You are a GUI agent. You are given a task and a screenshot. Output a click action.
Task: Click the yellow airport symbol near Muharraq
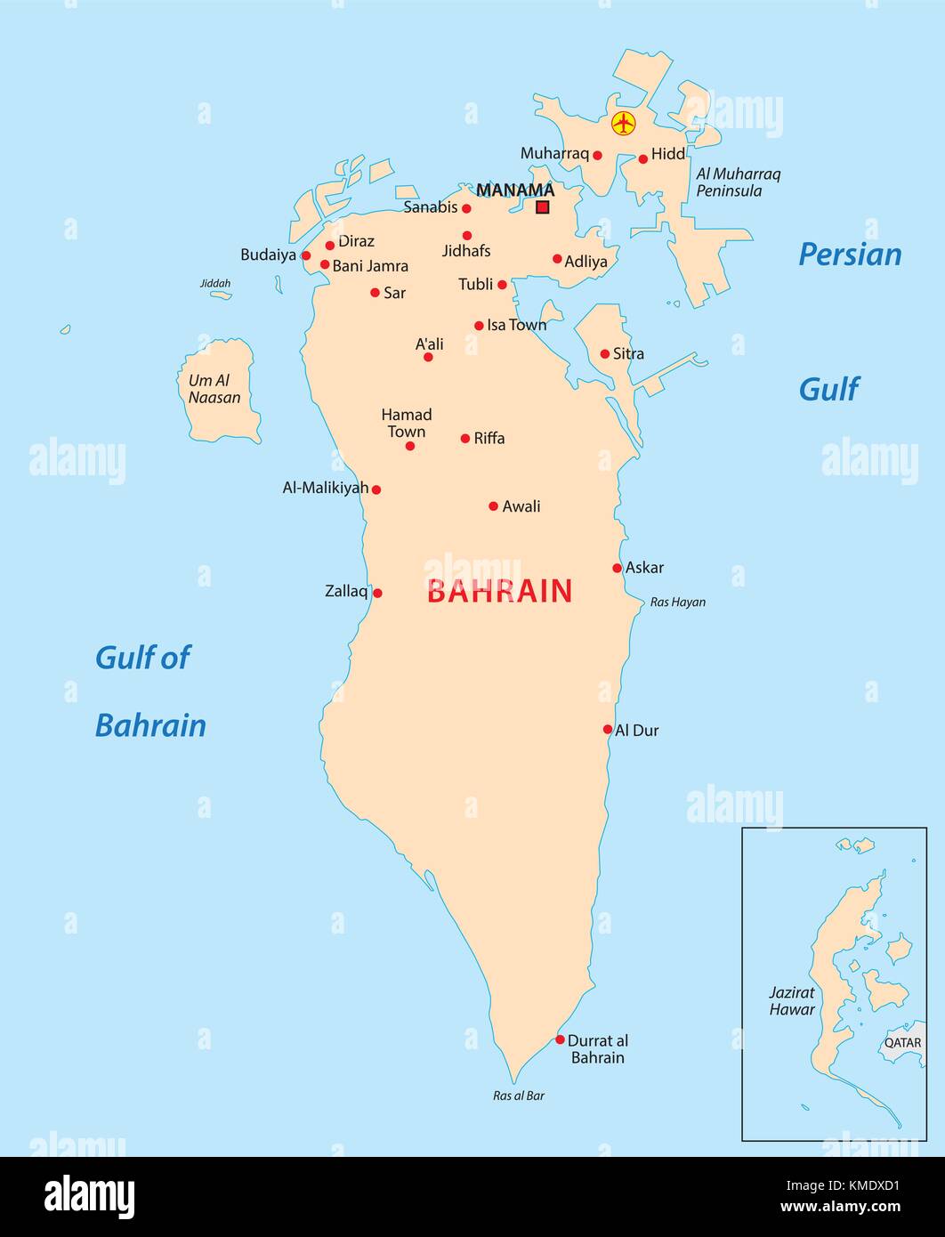click(x=624, y=124)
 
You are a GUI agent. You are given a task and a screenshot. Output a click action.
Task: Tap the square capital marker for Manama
click(x=542, y=207)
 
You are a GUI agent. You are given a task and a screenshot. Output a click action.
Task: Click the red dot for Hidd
click(x=642, y=159)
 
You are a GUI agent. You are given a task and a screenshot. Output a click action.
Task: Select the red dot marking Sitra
click(x=605, y=354)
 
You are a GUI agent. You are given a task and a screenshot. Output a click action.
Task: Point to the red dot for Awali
click(x=493, y=506)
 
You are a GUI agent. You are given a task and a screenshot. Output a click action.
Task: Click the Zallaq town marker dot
click(x=377, y=593)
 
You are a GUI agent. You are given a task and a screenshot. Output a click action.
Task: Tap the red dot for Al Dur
click(x=608, y=729)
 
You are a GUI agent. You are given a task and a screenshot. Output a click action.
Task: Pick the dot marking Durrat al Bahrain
click(x=560, y=1039)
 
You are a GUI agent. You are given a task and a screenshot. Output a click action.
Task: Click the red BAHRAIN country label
click(x=499, y=592)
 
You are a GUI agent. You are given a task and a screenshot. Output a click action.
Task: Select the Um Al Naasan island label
click(x=214, y=389)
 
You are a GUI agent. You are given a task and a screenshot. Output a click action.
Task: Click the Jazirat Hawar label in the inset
click(x=792, y=1001)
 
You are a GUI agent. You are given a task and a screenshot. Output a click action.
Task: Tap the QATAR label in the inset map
click(x=902, y=1042)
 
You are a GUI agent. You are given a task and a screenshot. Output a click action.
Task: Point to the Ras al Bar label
click(x=519, y=1096)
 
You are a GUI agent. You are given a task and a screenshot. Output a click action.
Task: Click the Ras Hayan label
click(x=677, y=602)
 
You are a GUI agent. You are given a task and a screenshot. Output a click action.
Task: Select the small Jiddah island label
click(x=215, y=284)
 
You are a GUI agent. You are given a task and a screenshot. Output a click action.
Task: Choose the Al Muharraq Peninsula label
click(x=738, y=182)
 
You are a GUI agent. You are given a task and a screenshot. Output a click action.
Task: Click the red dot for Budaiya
click(x=306, y=255)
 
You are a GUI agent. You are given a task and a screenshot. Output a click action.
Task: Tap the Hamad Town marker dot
click(x=410, y=446)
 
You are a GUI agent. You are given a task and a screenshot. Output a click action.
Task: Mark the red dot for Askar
click(x=617, y=568)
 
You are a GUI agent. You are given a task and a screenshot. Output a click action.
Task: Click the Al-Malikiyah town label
click(x=325, y=488)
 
